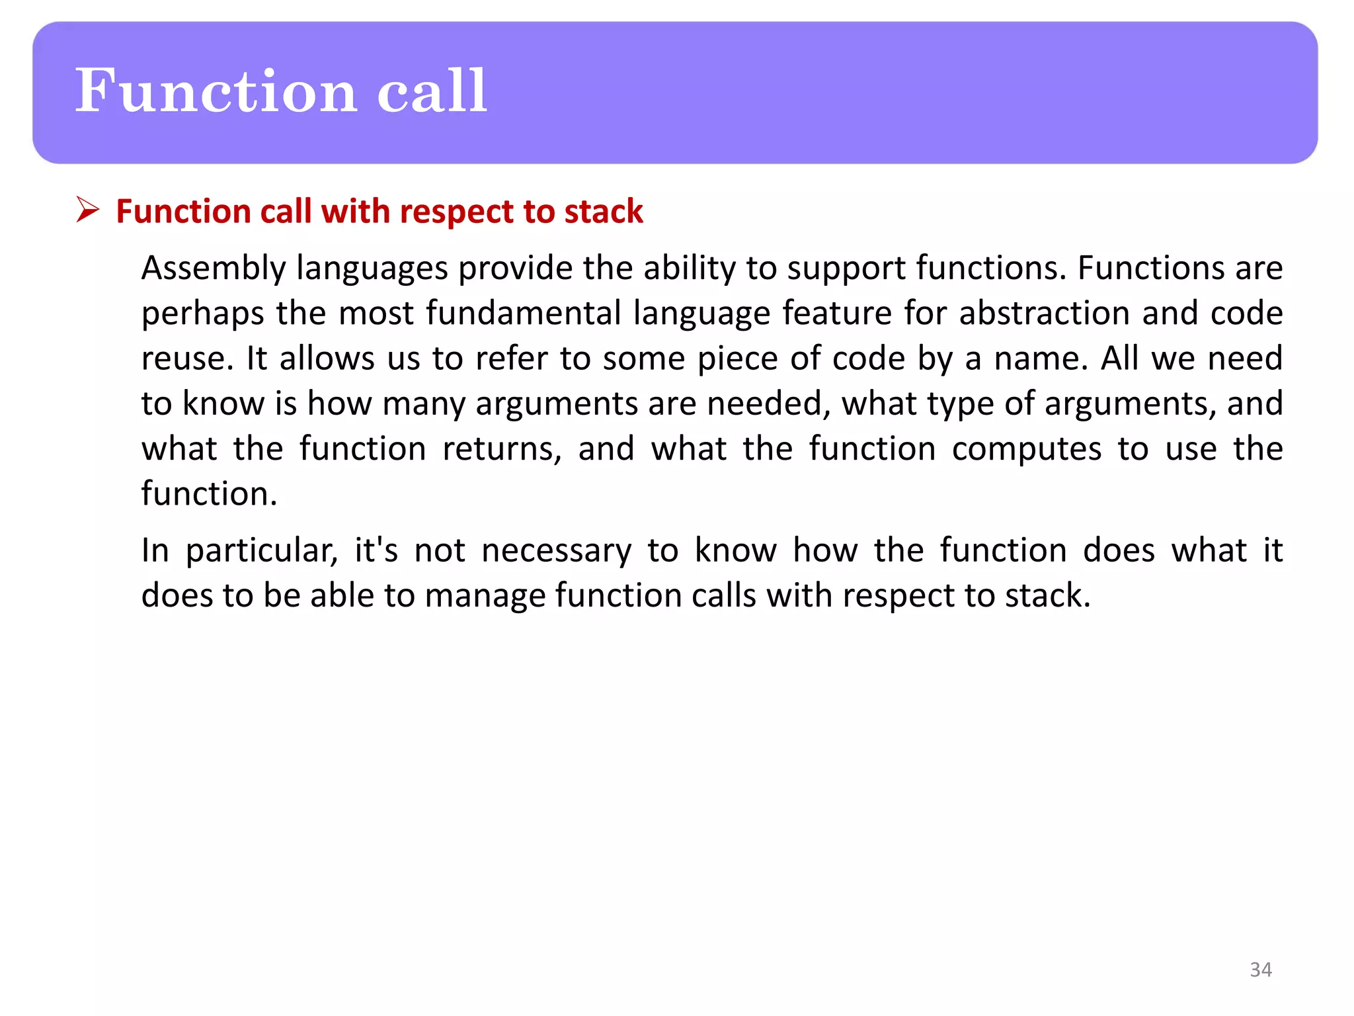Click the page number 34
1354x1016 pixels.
pos(1260,969)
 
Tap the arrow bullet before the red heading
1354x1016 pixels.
pos(87,210)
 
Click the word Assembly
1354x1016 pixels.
pos(214,269)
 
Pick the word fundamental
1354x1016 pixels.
pos(523,313)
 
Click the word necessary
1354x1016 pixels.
pos(556,551)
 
